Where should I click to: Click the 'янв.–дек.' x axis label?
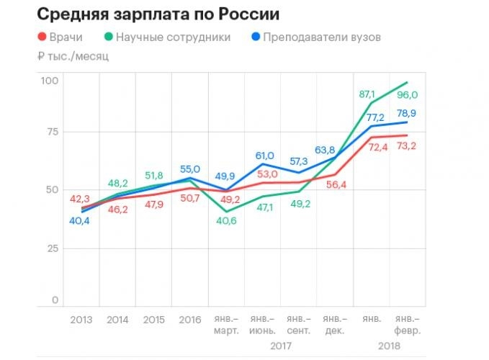[x=336, y=324]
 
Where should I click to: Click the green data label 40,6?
[x=228, y=220]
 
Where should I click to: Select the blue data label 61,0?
[x=265, y=156]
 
